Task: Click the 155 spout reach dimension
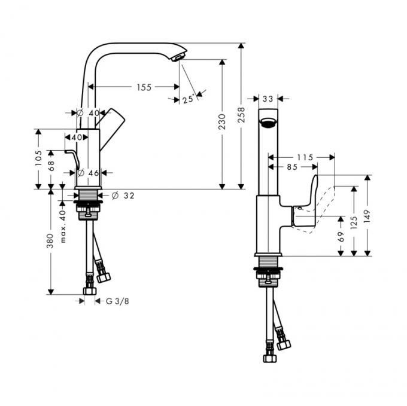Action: (x=144, y=87)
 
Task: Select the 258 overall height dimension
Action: (x=241, y=115)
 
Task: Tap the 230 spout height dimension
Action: (x=222, y=121)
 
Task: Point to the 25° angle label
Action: (x=189, y=99)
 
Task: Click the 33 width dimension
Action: (x=268, y=99)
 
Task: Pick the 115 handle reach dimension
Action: (x=305, y=157)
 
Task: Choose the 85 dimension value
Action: (x=292, y=167)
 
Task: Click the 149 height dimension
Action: (x=367, y=216)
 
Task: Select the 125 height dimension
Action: (x=354, y=222)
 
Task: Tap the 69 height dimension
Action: (x=341, y=236)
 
